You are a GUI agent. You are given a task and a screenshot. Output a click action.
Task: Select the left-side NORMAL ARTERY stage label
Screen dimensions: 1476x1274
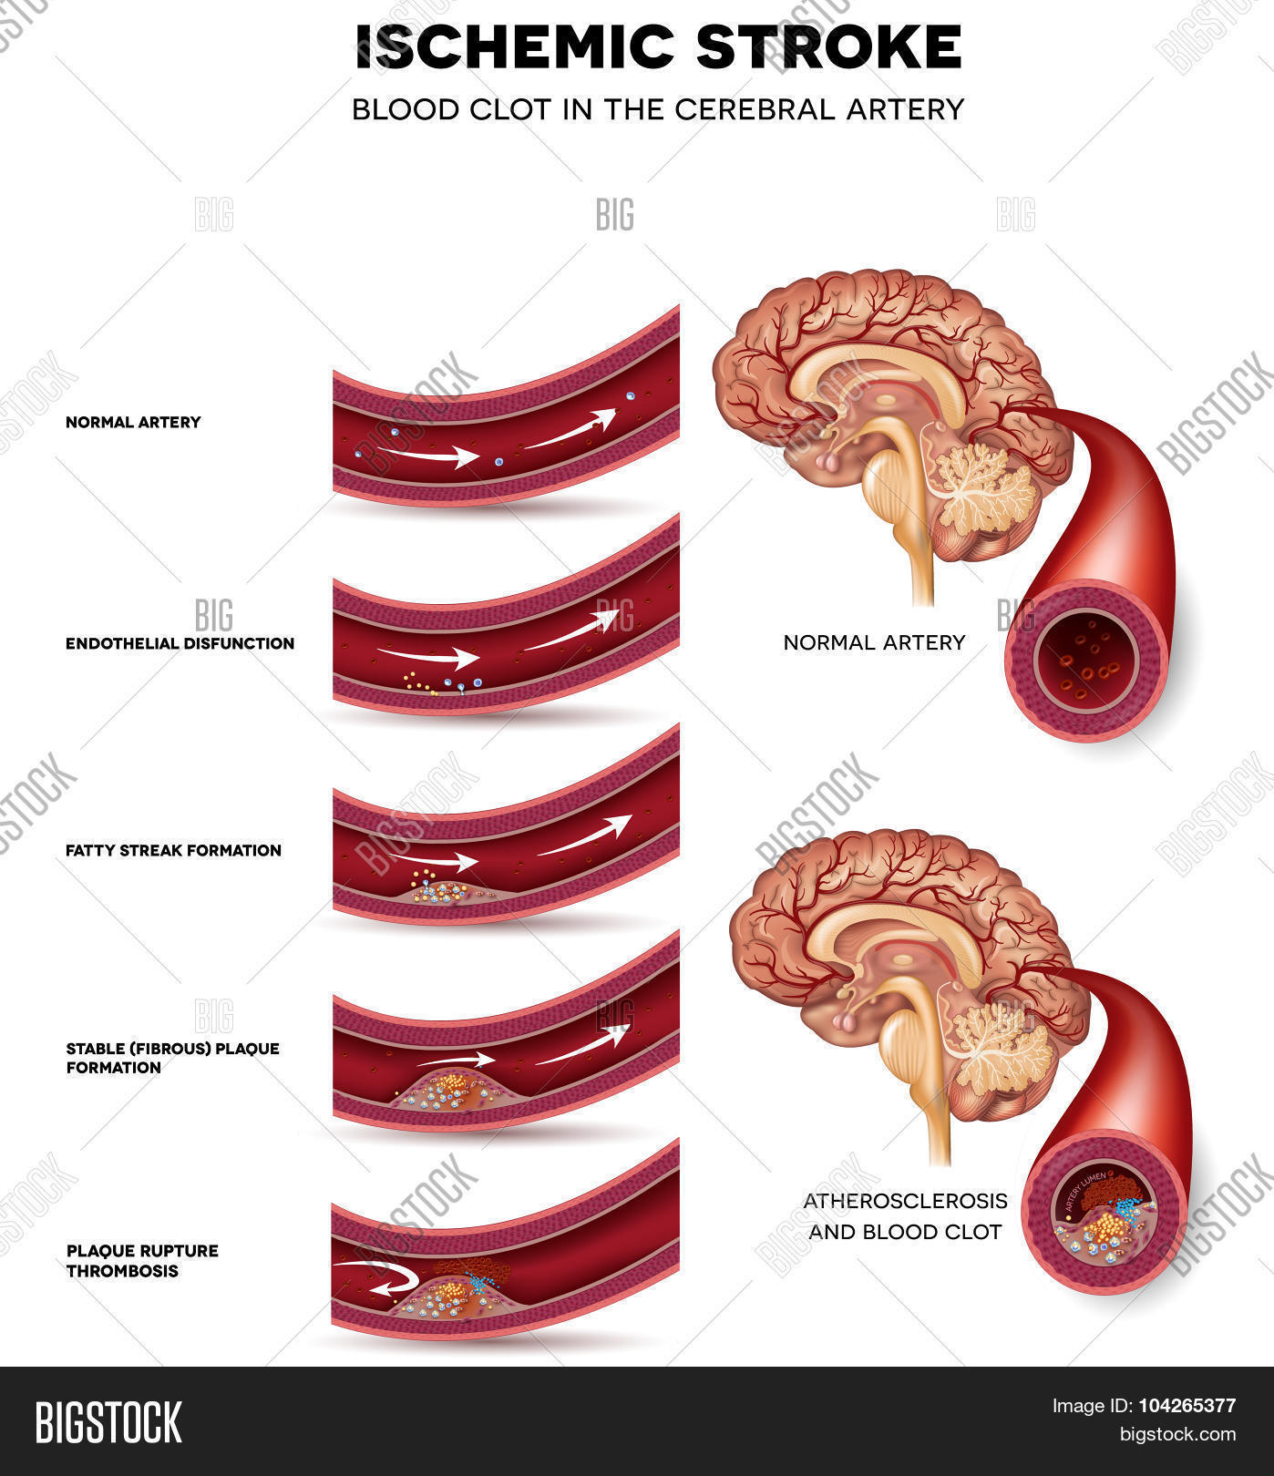click(x=133, y=422)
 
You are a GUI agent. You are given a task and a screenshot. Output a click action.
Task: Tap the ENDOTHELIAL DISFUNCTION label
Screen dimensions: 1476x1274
click(x=180, y=643)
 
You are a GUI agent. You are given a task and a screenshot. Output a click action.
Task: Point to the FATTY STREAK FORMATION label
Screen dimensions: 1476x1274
click(x=173, y=850)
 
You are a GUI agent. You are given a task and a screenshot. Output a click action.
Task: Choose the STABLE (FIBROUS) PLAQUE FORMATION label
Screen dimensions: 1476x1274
click(x=172, y=1058)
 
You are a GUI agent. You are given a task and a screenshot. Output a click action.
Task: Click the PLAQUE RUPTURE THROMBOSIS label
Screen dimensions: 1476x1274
click(x=141, y=1260)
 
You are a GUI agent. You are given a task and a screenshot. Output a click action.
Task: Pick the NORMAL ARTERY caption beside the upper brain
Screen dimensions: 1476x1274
click(x=873, y=642)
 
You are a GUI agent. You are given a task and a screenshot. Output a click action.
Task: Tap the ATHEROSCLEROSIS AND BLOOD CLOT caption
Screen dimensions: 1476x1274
click(x=904, y=1215)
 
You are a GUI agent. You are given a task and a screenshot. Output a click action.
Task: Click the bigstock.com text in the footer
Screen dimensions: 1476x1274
click(x=1176, y=1435)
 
